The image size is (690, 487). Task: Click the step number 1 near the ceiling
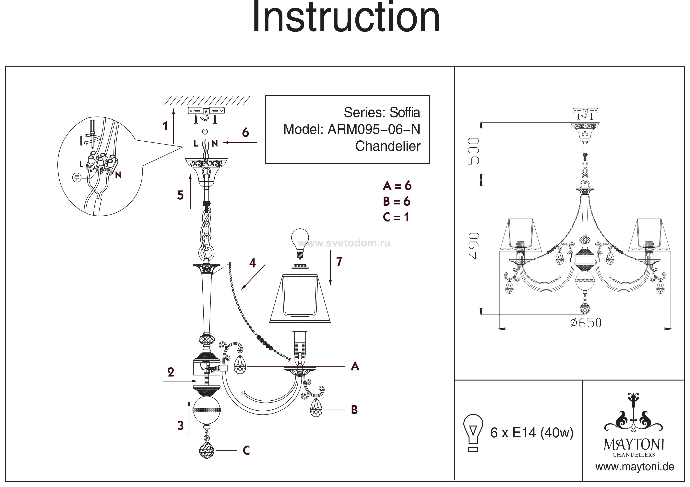pos(165,126)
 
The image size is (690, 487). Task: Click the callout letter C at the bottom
pos(246,451)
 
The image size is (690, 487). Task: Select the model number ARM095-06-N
pos(374,130)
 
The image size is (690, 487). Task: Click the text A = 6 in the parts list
pos(397,186)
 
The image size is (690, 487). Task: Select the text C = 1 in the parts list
pos(396,217)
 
